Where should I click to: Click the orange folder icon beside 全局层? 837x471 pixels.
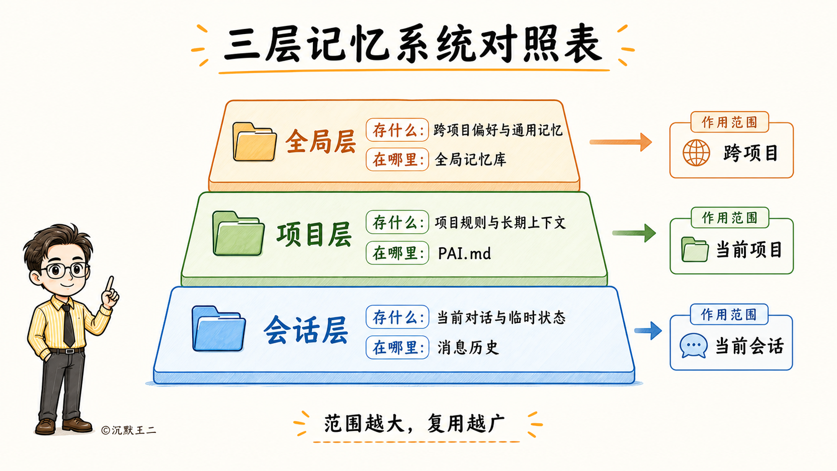254,142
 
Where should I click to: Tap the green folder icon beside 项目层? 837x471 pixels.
238,233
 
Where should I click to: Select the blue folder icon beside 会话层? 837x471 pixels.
219,329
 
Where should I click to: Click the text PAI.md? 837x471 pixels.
465,254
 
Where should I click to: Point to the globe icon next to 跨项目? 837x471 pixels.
696,153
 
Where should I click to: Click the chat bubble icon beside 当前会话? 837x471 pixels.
693,345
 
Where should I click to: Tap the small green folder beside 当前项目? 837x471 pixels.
695,249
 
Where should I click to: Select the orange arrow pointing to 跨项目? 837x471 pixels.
621,142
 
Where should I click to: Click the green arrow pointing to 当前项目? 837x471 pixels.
634,233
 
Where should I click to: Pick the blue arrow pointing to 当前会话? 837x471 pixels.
648,330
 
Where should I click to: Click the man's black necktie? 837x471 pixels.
69,325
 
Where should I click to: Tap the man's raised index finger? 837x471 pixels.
110,284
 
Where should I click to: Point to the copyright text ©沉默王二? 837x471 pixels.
129,430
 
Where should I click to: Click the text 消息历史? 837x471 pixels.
468,348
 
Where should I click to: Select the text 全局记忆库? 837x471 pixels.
471,160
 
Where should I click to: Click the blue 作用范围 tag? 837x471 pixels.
729,314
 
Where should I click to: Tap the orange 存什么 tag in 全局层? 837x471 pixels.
397,130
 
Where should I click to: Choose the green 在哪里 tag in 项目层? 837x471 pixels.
397,253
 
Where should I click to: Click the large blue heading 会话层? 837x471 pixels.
306,330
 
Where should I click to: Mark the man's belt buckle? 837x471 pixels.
69,351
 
